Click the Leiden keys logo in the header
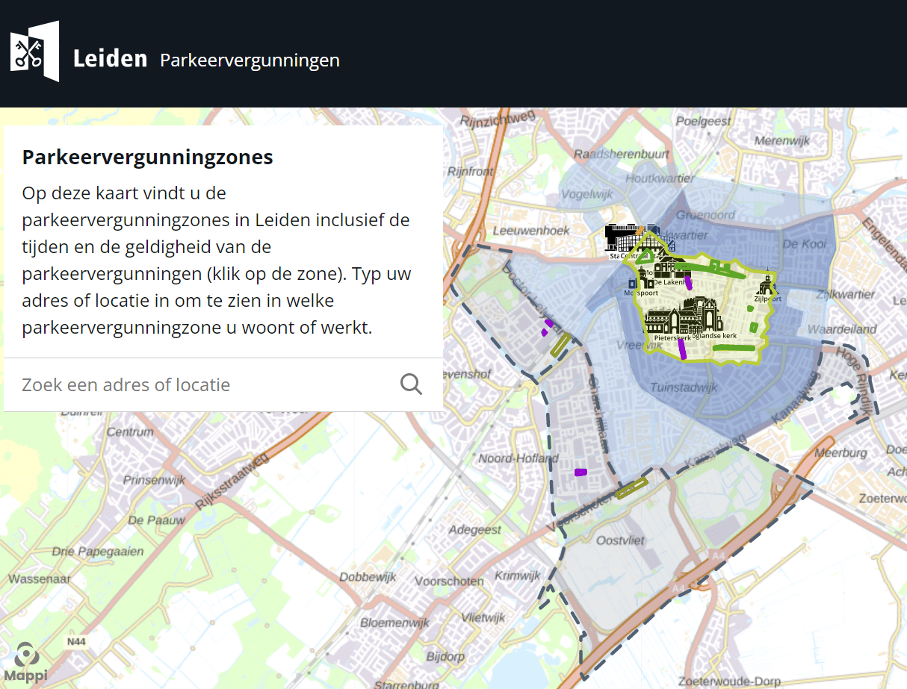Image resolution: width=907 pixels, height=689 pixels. tap(34, 52)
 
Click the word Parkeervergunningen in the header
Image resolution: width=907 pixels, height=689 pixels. tap(250, 60)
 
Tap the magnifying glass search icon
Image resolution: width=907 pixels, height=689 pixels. tap(411, 384)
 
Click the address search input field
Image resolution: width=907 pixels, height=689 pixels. tap(202, 384)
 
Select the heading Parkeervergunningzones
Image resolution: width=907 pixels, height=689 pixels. tap(147, 158)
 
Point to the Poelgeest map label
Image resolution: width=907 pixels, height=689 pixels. tap(703, 121)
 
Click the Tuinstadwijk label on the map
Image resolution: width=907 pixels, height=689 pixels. tap(683, 387)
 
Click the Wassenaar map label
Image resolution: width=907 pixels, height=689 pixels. tap(40, 579)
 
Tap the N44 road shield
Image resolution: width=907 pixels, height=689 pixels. tap(76, 641)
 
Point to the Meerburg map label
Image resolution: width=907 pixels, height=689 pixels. tap(840, 452)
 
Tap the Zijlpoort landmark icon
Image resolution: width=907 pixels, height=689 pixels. tap(767, 286)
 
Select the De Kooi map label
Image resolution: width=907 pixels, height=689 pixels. tap(804, 244)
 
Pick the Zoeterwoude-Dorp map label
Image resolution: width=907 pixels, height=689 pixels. tap(728, 681)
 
